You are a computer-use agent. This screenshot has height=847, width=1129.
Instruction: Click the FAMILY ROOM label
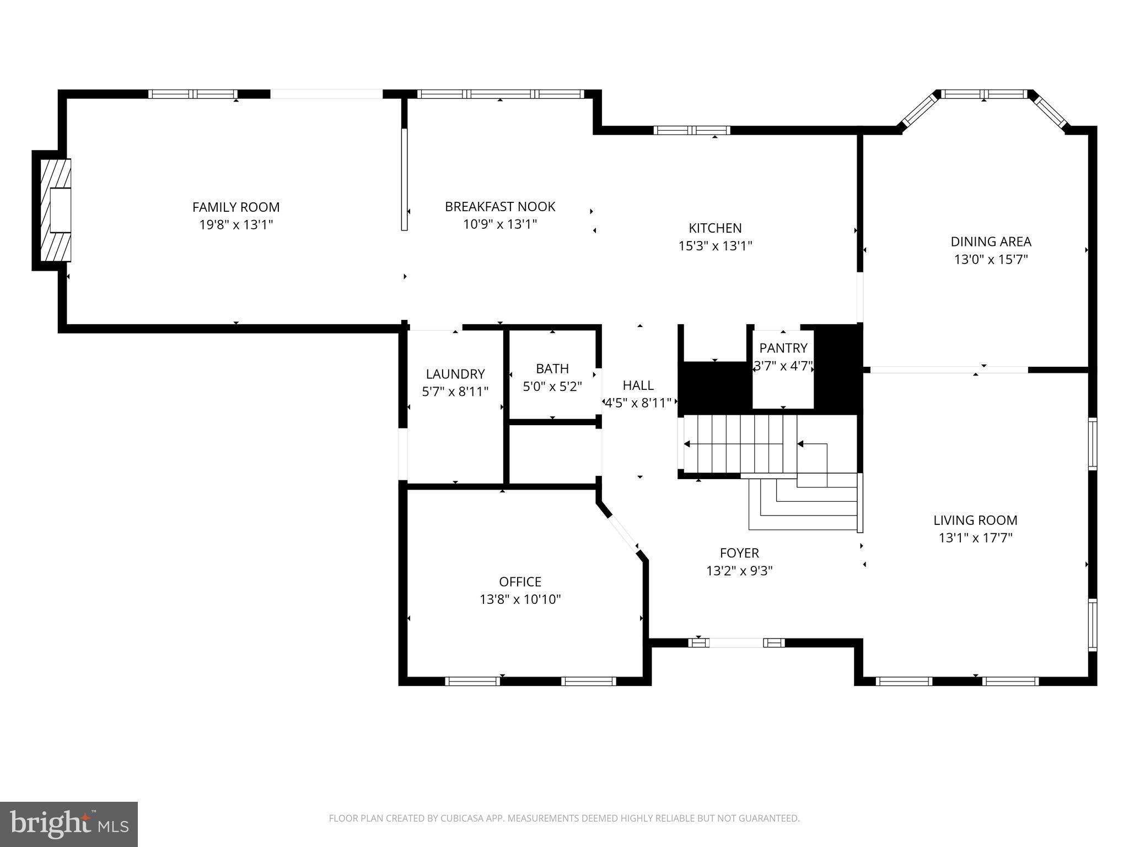point(236,207)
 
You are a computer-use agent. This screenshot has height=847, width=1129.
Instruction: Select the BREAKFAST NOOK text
point(500,207)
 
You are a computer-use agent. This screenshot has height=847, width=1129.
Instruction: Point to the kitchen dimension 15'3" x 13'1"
point(715,246)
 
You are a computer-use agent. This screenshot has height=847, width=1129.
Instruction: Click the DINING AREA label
point(991,242)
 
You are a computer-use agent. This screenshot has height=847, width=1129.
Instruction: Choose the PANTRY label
point(783,348)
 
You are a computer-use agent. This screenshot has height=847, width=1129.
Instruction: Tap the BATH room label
point(552,368)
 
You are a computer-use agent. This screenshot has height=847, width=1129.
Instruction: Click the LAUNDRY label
point(455,374)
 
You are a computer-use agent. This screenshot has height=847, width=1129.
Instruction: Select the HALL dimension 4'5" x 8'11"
point(638,403)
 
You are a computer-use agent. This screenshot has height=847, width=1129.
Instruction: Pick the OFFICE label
point(520,582)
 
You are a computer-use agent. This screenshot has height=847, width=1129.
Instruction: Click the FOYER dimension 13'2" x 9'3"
point(739,571)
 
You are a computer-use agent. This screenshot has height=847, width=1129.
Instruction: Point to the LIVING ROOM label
point(975,520)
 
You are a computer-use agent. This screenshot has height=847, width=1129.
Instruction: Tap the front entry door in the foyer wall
point(736,642)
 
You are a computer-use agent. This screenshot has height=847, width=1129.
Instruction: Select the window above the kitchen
point(692,131)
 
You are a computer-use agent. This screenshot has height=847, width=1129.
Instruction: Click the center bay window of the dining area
point(985,94)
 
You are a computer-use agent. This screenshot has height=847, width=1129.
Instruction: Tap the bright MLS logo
point(69,824)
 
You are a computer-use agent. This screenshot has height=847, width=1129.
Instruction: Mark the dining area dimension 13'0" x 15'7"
point(991,259)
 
